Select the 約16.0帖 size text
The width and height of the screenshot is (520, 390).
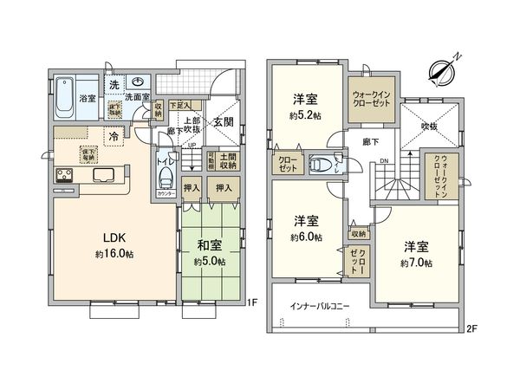[115, 254]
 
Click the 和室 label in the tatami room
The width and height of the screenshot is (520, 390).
[209, 246]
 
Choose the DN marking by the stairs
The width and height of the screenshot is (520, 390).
[384, 160]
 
